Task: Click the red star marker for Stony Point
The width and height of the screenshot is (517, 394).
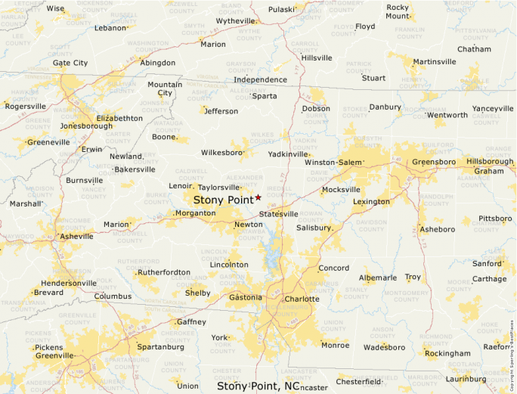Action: coord(258,197)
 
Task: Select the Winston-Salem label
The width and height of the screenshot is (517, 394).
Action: coord(333,162)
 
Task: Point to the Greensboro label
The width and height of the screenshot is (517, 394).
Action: coord(434,161)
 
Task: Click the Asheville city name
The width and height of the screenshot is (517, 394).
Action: coord(77,236)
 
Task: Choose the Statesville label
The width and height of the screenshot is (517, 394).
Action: coord(278,214)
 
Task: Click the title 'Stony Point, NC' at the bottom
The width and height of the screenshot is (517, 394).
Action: coord(258,386)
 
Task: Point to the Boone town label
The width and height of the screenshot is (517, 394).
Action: coord(163,137)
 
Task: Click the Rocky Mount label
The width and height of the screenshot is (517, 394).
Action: coord(398,11)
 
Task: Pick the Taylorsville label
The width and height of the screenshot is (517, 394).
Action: coord(218,187)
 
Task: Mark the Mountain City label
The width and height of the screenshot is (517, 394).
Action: coord(165,88)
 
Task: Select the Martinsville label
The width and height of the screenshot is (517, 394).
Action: coord(435,61)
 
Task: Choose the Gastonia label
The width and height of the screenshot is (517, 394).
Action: coord(246,297)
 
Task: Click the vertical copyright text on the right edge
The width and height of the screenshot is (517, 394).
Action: coord(512,348)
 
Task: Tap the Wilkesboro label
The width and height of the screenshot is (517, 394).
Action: coord(221,152)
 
